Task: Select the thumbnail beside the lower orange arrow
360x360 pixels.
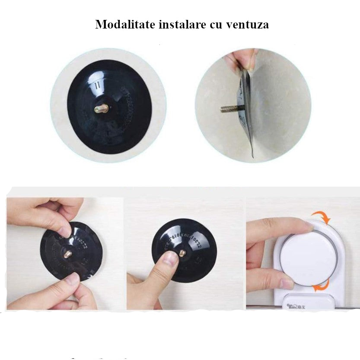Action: [x=287, y=283]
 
